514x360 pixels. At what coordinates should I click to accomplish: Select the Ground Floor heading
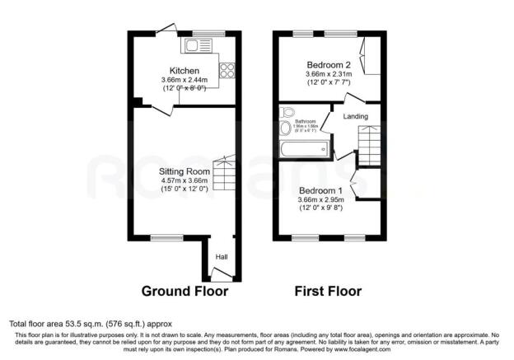pos(185,291)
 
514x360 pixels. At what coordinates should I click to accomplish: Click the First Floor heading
pos(329,291)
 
